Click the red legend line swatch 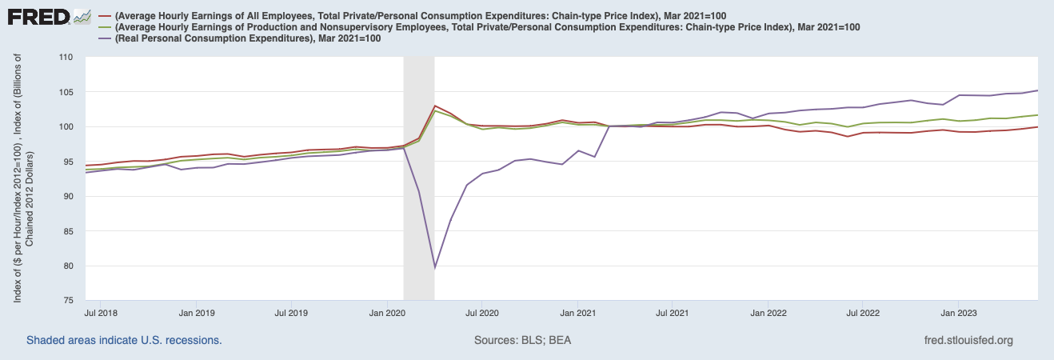tap(104, 16)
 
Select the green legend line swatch tap(104, 27)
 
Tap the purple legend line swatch tap(104, 38)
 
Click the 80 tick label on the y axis tap(67, 266)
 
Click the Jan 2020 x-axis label tap(387, 312)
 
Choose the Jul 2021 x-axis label tap(673, 312)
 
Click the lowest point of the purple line tap(434, 268)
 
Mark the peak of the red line tap(434, 106)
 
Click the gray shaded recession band tap(419, 200)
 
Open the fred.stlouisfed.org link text tap(968, 340)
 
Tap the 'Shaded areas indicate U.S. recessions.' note tap(124, 340)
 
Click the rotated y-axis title tap(22, 179)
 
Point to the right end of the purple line tap(1037, 90)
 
